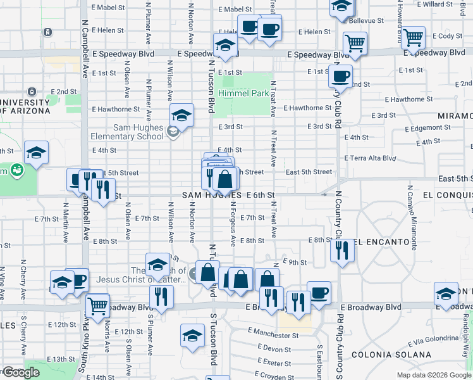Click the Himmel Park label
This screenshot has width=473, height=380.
pyautogui.click(x=243, y=93)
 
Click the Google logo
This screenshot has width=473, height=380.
pyautogui.click(x=20, y=372)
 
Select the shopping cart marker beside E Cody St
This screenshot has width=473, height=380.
pyautogui.click(x=413, y=38)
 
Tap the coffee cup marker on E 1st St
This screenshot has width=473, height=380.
pyautogui.click(x=340, y=77)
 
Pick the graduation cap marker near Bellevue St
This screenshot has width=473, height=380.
pyautogui.click(x=341, y=7)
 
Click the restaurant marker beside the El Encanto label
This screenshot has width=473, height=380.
pyautogui.click(x=342, y=251)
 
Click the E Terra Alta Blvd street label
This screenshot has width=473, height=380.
pyautogui.click(x=370, y=158)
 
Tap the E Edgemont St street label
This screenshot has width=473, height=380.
pyautogui.click(x=418, y=127)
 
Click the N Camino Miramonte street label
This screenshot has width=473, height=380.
pyautogui.click(x=413, y=215)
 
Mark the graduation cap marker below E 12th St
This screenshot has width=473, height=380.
pyautogui.click(x=193, y=335)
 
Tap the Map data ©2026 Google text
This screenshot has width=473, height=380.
pyautogui.click(x=433, y=375)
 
